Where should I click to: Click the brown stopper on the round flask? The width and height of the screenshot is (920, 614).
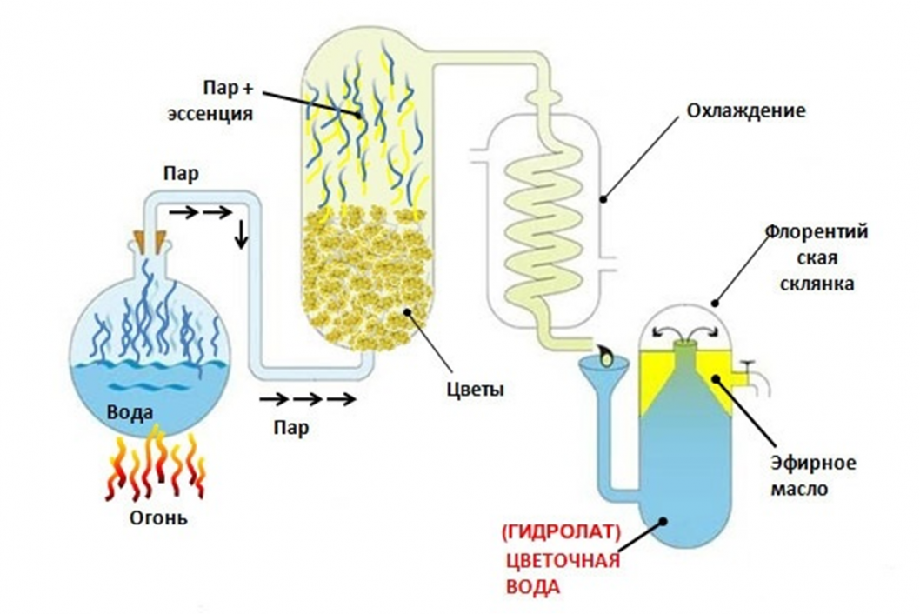tap(148, 241)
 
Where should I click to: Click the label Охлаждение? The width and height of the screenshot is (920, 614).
tap(746, 112)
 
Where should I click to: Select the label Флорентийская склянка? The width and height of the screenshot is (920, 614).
tap(817, 259)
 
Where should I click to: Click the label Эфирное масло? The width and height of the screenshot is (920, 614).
tap(801, 475)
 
